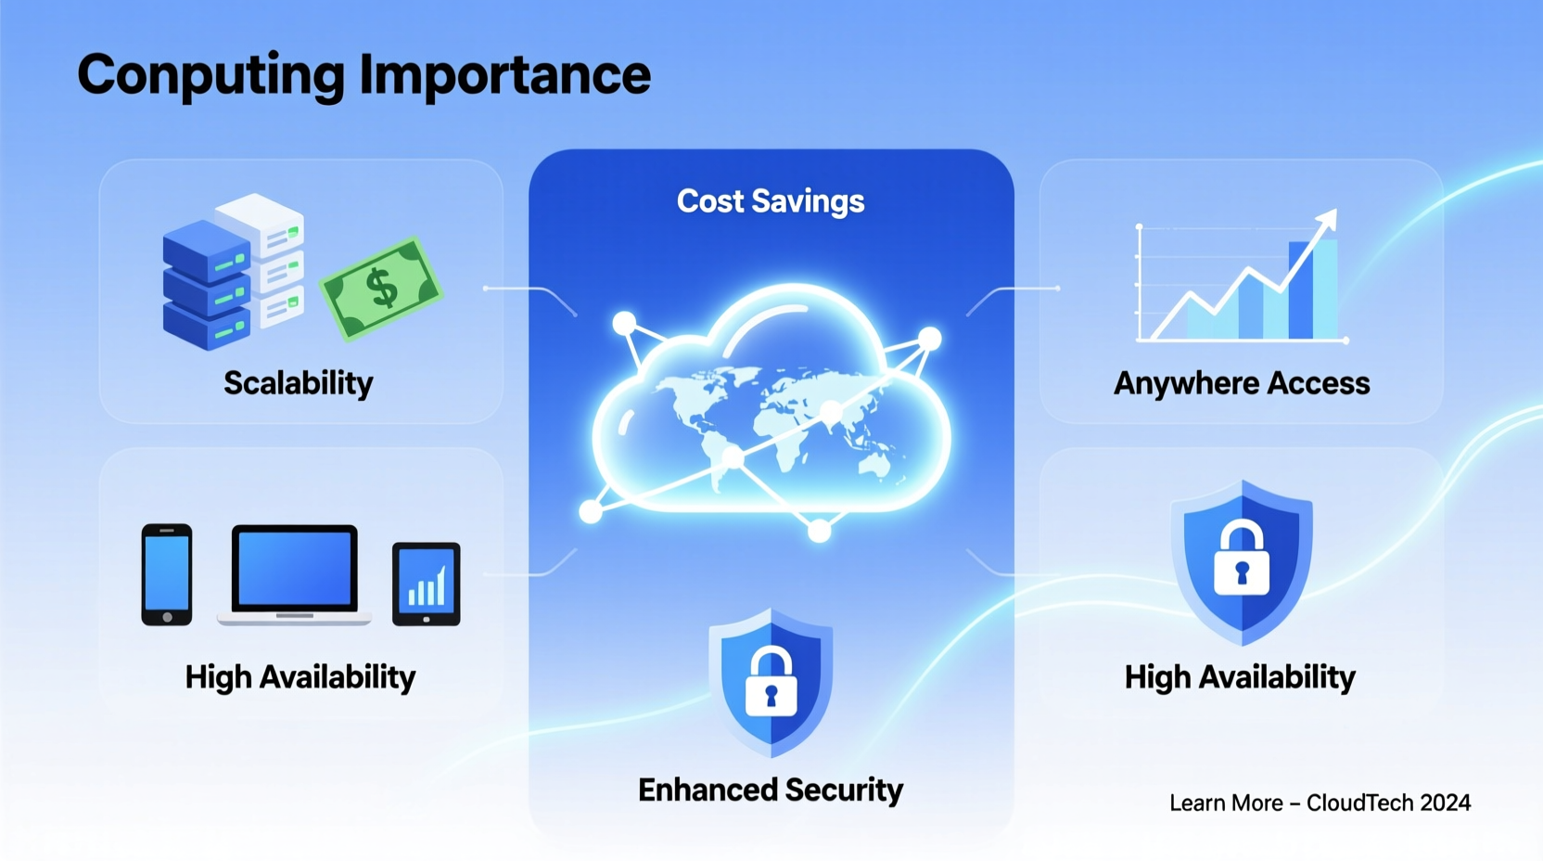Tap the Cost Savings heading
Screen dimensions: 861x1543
(x=770, y=201)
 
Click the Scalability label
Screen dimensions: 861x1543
(x=298, y=383)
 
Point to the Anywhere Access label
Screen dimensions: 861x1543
(x=1241, y=383)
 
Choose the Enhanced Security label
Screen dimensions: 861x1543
(x=770, y=790)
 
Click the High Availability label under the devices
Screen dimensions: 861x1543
(x=300, y=677)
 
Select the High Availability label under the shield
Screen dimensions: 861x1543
(x=1239, y=677)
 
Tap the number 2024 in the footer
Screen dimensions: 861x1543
(x=1445, y=803)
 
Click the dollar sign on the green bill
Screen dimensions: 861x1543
(x=382, y=288)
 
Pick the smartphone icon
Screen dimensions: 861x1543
(x=167, y=574)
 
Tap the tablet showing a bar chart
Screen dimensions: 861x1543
(x=426, y=584)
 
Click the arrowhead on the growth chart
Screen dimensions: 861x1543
(x=1329, y=218)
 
